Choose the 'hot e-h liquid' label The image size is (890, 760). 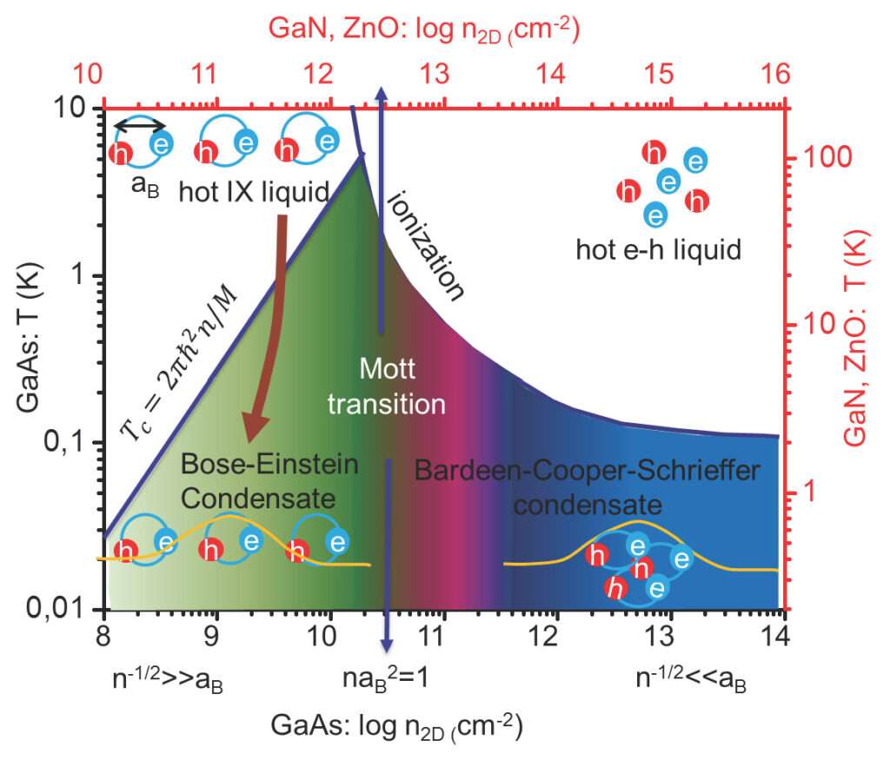click(658, 251)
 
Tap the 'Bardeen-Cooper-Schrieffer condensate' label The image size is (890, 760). click(588, 487)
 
